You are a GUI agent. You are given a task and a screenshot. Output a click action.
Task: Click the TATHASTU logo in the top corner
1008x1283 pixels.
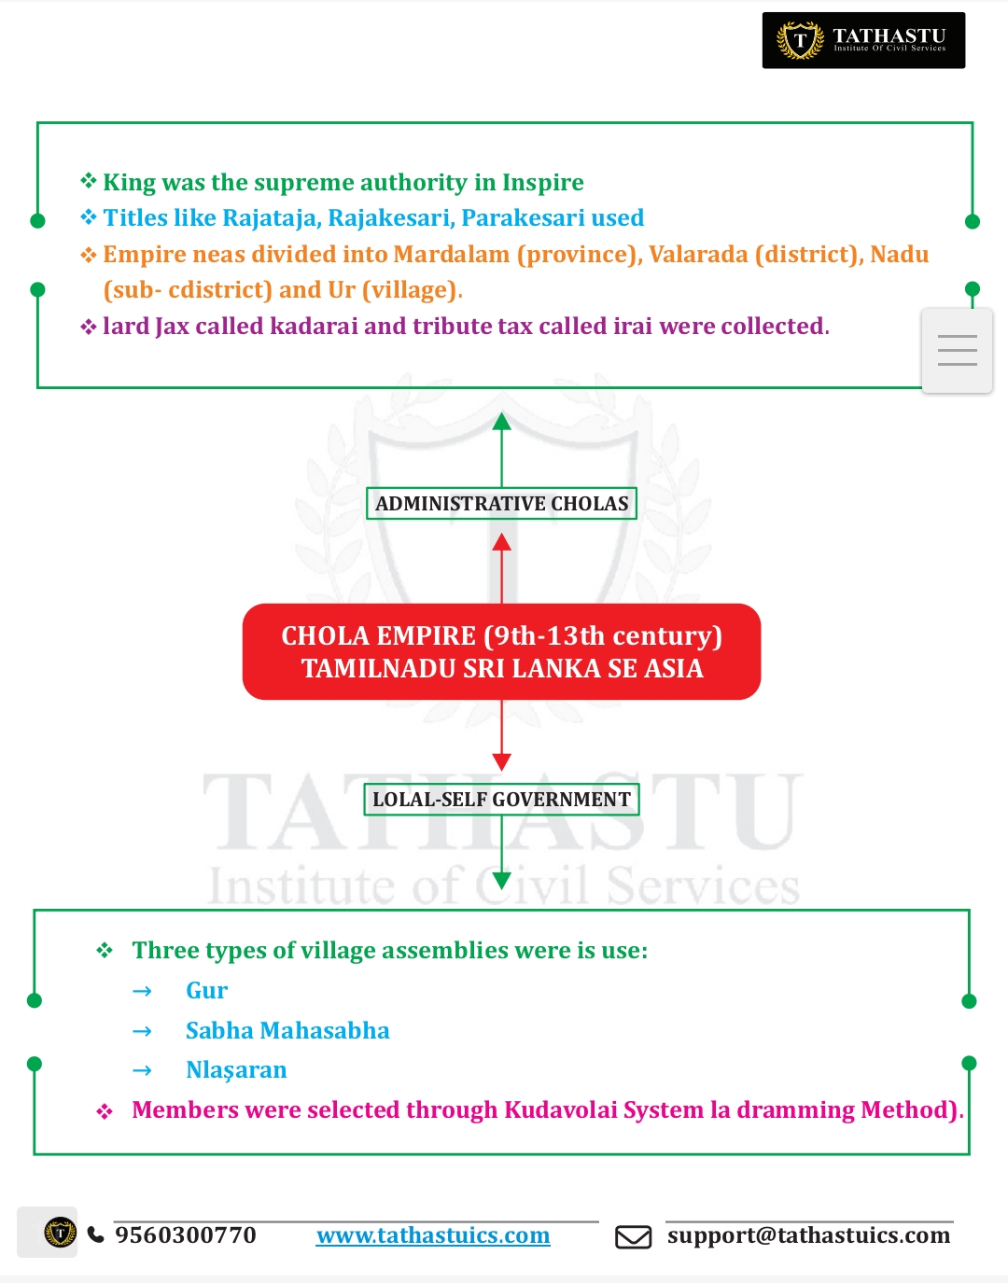pos(863,40)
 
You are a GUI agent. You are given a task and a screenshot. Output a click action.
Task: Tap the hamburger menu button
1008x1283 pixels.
pos(957,351)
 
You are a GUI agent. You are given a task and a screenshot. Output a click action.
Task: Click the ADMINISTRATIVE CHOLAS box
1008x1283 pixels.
pos(501,504)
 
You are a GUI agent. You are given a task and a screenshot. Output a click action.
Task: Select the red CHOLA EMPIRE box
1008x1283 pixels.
pos(501,651)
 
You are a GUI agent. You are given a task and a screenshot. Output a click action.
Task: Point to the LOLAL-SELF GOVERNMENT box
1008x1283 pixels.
pos(501,800)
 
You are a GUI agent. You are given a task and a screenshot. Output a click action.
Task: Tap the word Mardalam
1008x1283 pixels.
pos(452,255)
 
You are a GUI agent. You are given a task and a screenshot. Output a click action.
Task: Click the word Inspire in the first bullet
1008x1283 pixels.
pos(542,183)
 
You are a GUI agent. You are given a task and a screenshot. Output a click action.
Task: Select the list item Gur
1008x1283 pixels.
pos(206,991)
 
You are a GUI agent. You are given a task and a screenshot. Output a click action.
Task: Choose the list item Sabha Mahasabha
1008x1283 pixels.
pos(287,1031)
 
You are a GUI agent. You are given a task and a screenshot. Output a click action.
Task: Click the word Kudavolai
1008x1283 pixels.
pos(560,1110)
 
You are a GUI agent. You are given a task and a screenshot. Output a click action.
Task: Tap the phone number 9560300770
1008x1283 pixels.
pos(185,1235)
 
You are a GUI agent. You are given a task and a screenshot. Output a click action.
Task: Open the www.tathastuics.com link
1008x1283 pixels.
pos(433,1235)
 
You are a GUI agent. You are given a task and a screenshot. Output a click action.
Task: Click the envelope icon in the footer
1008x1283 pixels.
pos(633,1237)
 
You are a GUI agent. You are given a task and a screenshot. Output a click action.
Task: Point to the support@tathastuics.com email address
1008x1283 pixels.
pos(808,1235)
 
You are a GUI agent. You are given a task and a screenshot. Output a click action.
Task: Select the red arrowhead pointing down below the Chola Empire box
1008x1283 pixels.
pos(501,761)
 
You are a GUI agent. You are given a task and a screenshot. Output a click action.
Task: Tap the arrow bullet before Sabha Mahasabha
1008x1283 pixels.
pos(142,1032)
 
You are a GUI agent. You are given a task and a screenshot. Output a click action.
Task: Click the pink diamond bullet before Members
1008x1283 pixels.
pos(105,1111)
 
